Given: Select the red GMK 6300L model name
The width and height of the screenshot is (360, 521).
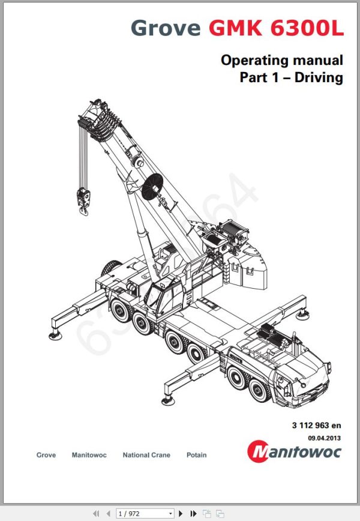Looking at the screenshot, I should [x=276, y=28].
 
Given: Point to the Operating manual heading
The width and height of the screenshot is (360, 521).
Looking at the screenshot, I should [x=281, y=60].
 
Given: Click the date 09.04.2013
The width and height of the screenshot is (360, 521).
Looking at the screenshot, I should [x=327, y=438].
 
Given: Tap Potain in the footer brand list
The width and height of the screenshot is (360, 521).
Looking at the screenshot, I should [x=196, y=455].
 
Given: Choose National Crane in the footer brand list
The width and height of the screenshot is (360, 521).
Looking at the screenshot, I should [x=146, y=455].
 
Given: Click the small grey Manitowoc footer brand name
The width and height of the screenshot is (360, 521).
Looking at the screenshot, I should [x=89, y=455].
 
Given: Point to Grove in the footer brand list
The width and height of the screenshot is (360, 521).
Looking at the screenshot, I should [x=46, y=455].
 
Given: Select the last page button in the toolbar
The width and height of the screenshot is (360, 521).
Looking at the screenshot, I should [x=193, y=514].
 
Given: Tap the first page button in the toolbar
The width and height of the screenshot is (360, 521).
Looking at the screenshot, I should [x=95, y=514].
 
